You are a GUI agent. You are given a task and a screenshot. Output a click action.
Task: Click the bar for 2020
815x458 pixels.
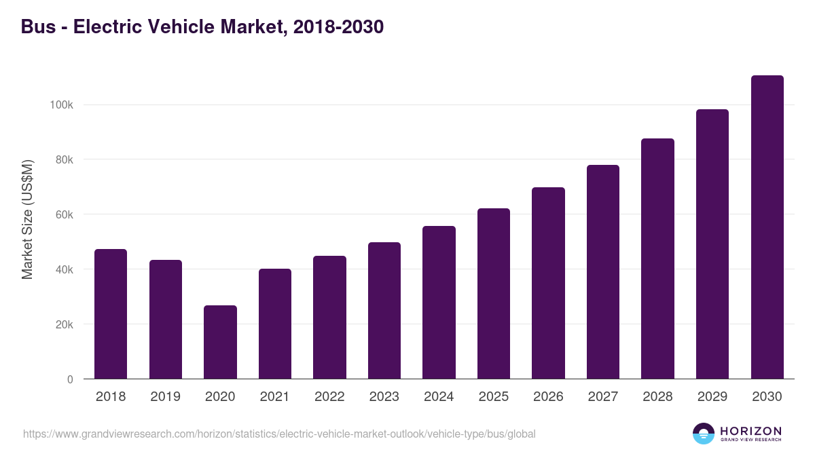[x=220, y=342]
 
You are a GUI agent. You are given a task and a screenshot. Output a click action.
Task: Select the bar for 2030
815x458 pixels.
[x=767, y=227]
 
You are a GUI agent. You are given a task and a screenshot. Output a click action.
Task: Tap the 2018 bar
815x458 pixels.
[x=111, y=314]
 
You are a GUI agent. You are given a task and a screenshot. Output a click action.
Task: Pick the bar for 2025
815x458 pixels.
[x=494, y=294]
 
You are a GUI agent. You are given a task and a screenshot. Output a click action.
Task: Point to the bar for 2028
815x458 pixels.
[x=657, y=259]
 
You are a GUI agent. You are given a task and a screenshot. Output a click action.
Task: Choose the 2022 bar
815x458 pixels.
[x=329, y=318]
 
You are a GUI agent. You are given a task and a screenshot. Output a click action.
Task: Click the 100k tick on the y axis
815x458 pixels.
[x=61, y=105]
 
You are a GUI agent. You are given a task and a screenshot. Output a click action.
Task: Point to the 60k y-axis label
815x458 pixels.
[x=63, y=215]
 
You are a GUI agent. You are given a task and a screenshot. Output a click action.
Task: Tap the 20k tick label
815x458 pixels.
[x=63, y=325]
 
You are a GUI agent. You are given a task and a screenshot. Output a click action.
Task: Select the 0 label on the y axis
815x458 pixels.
[x=70, y=380]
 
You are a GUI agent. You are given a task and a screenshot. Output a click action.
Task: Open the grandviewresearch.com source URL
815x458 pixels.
[x=279, y=434]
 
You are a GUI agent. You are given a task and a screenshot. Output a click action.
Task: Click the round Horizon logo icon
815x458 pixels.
[x=704, y=434]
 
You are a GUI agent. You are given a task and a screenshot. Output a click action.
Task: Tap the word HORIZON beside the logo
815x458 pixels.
[x=750, y=431]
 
